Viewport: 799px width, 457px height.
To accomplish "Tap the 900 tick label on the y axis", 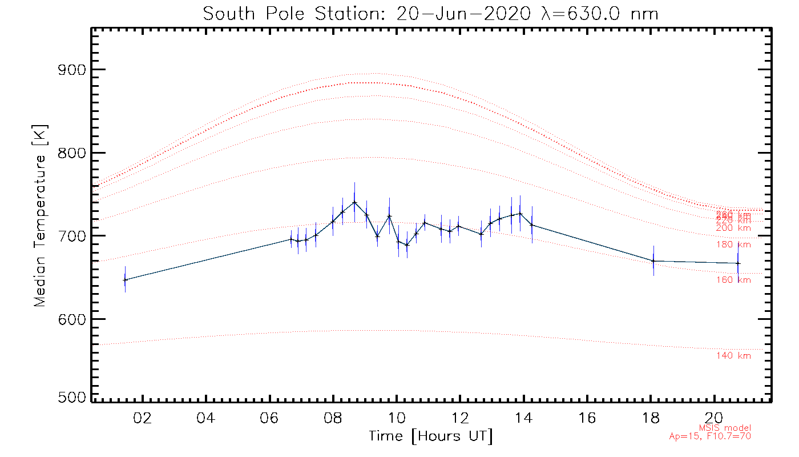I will pyautogui.click(x=72, y=70).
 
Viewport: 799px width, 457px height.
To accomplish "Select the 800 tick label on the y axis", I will pyautogui.click(x=72, y=153).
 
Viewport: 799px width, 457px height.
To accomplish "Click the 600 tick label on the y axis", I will pyautogui.click(x=72, y=319).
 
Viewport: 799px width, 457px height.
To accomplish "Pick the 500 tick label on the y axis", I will pyautogui.click(x=72, y=398).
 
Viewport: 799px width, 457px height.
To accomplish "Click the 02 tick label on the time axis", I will pyautogui.click(x=142, y=418).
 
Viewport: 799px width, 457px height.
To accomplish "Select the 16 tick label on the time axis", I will pyautogui.click(x=587, y=418).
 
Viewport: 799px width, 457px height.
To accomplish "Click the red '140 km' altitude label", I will pyautogui.click(x=733, y=356).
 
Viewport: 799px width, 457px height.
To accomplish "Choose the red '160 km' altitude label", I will pyautogui.click(x=733, y=280).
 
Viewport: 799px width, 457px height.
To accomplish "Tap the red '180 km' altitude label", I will pyautogui.click(x=733, y=244).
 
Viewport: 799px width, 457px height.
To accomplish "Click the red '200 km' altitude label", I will pyautogui.click(x=733, y=228).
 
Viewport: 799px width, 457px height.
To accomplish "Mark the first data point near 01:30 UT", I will pyautogui.click(x=125, y=280).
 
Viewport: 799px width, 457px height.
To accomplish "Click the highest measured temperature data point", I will pyautogui.click(x=354, y=202).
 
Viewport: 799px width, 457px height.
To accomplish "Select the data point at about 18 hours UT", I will pyautogui.click(x=653, y=261).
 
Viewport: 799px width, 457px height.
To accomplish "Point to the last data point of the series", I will pyautogui.click(x=738, y=263).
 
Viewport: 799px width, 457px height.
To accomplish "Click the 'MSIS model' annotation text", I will pyautogui.click(x=725, y=428).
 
